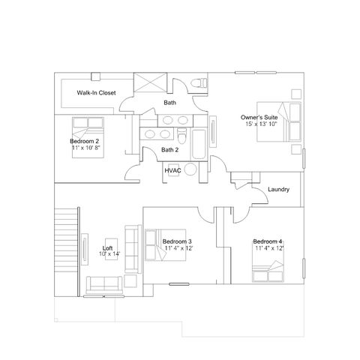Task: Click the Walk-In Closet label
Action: click(96, 93)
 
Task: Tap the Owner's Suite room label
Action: click(259, 117)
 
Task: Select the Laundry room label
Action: click(278, 189)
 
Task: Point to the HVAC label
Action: click(172, 170)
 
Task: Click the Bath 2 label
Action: click(169, 150)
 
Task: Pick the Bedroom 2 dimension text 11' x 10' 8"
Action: click(86, 148)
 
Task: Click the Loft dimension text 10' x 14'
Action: click(109, 253)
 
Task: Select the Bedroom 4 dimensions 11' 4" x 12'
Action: click(270, 248)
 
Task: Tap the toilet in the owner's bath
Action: click(199, 82)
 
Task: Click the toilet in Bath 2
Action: click(182, 136)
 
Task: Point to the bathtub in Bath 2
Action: click(199, 144)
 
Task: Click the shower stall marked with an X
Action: click(150, 82)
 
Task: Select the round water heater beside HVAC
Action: click(190, 169)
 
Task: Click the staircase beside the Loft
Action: click(66, 239)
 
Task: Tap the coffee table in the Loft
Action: click(111, 249)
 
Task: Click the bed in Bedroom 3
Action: click(166, 245)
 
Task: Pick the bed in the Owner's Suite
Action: click(279, 121)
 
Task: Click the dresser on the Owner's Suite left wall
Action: click(213, 130)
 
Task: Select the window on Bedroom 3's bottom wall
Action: click(179, 284)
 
